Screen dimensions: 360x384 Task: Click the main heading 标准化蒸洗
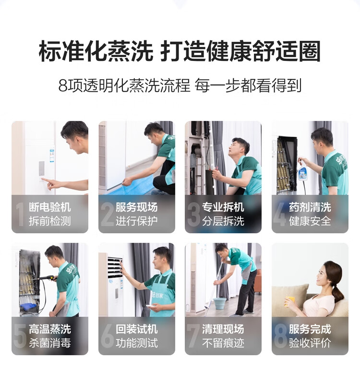(96, 51)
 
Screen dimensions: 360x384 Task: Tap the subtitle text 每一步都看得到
(248, 85)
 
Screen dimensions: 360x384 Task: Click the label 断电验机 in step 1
(50, 207)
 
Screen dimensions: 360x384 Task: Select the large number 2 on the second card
(107, 214)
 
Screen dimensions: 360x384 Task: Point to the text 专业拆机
(223, 207)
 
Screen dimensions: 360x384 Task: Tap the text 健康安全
(310, 221)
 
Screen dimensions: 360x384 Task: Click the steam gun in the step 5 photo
(47, 278)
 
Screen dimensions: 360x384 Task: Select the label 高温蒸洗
(50, 329)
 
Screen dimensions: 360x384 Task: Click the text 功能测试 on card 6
(137, 343)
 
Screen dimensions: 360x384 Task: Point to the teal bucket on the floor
(219, 303)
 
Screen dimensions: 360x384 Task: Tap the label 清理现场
(223, 329)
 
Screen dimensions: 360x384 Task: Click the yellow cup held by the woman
(290, 301)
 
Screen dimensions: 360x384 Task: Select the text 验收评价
(310, 343)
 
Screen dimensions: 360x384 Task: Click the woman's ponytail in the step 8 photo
(338, 291)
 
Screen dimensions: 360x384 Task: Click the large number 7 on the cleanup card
(193, 336)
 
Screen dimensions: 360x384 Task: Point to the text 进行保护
(137, 221)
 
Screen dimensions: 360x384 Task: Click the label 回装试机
(137, 329)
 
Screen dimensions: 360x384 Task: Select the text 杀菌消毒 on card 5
(50, 343)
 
